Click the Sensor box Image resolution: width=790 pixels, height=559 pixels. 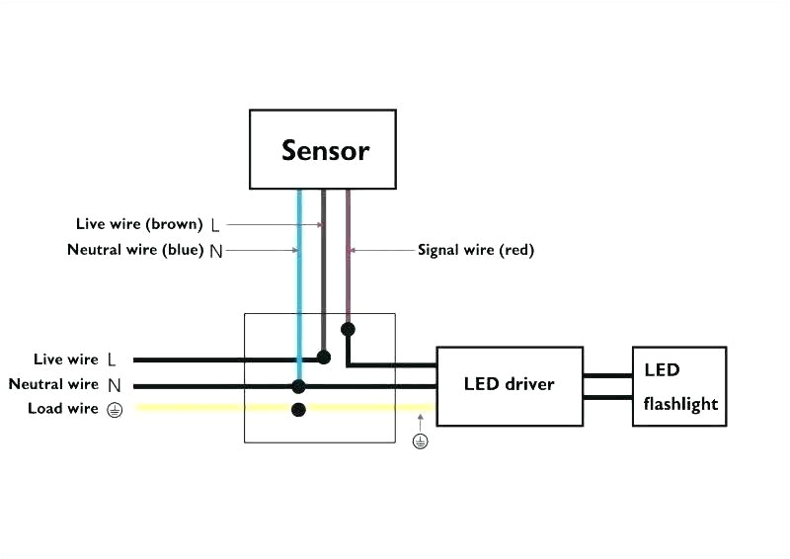tap(324, 149)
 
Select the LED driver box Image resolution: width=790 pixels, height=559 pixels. tap(509, 385)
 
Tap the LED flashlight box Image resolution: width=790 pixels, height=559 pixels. tap(679, 386)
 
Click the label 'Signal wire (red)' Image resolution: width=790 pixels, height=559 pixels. tap(476, 250)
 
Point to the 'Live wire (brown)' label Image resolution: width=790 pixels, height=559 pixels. tap(138, 224)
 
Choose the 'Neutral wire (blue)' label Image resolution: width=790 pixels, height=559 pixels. tap(135, 250)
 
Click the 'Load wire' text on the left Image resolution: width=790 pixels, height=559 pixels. tap(63, 409)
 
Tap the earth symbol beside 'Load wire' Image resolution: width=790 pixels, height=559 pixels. tap(115, 410)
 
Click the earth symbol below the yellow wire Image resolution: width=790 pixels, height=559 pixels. tap(421, 441)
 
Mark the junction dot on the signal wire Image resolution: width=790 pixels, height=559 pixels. tap(348, 328)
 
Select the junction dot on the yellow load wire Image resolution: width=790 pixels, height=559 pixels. tap(298, 409)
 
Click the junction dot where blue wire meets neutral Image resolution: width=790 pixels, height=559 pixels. tap(298, 386)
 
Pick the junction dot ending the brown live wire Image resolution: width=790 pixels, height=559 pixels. tap(323, 357)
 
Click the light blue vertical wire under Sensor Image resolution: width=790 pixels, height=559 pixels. tap(299, 277)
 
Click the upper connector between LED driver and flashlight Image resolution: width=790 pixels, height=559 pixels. tap(607, 375)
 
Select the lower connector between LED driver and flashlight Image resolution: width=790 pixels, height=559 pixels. tap(607, 397)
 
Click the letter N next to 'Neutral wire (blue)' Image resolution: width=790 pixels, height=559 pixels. tap(215, 251)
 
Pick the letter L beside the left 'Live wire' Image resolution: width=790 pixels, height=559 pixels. tap(112, 360)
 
